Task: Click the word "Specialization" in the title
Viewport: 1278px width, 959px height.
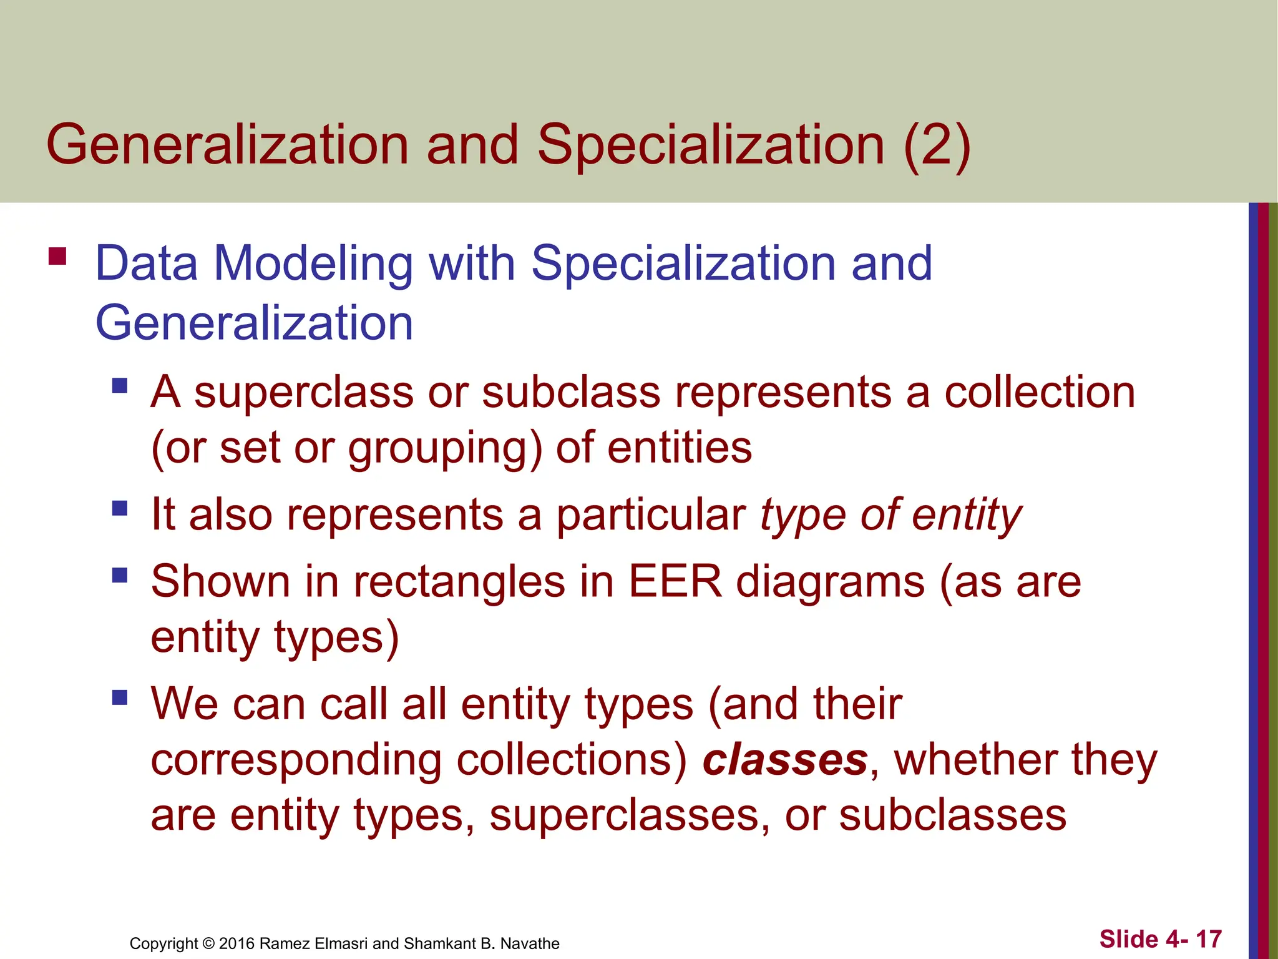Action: coord(710,145)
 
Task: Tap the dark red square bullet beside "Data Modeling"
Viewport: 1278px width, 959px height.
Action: coord(57,257)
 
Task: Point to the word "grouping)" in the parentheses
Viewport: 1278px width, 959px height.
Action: coord(444,448)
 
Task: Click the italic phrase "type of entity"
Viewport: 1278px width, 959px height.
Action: coord(890,515)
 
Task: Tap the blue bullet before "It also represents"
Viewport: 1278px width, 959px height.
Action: coord(120,508)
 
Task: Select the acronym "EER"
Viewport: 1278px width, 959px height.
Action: coord(675,582)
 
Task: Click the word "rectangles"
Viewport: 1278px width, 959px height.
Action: coord(459,582)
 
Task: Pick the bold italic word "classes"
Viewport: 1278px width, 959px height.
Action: coord(785,760)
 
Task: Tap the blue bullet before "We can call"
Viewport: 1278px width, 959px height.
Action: coord(120,697)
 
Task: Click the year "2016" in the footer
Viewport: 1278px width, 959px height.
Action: coord(237,943)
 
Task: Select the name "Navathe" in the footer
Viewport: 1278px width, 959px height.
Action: coord(530,943)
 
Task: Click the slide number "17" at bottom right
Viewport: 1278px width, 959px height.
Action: coord(1208,939)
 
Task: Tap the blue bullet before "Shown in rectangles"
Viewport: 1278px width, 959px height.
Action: coord(120,574)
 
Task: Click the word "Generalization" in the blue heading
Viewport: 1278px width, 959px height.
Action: coord(254,323)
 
